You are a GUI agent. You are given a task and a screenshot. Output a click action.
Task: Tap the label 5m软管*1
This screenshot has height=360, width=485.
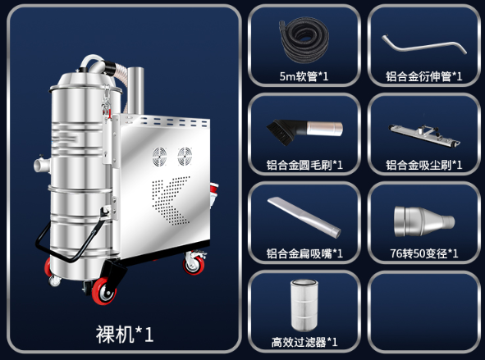pyautogui.click(x=304, y=77)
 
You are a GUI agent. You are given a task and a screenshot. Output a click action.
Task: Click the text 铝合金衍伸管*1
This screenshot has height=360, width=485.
pyautogui.click(x=423, y=77)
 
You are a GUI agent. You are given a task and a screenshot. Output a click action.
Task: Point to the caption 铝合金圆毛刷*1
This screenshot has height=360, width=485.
pyautogui.click(x=304, y=165)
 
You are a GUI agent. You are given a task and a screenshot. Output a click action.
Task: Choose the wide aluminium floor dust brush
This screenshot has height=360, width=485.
pyautogui.click(x=423, y=131)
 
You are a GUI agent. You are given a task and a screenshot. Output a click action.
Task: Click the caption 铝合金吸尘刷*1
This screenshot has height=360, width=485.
pyautogui.click(x=423, y=165)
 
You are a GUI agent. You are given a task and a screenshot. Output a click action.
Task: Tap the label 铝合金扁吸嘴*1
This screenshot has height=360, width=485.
pyautogui.click(x=304, y=253)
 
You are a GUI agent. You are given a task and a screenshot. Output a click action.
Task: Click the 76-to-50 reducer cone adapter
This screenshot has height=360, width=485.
pyautogui.click(x=423, y=217)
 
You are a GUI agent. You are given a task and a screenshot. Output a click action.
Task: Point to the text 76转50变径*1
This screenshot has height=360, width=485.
pyautogui.click(x=423, y=253)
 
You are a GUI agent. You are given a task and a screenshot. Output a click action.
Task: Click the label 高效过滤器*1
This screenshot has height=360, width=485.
pyautogui.click(x=304, y=341)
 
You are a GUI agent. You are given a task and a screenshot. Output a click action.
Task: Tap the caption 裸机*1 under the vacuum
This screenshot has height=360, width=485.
pyautogui.click(x=122, y=335)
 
